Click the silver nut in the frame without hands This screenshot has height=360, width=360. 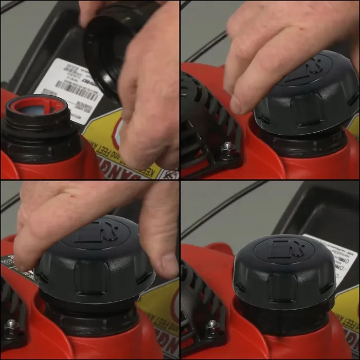211,325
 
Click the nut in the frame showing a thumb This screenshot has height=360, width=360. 10,325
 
